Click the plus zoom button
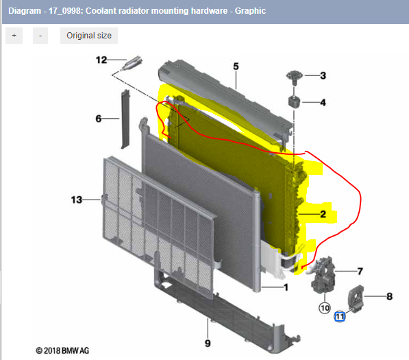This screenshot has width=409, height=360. coord(14,36)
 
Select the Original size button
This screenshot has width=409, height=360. coord(89,36)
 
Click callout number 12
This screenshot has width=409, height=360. coord(101,60)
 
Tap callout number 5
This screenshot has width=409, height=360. coord(236,67)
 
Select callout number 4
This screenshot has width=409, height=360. coord(323,103)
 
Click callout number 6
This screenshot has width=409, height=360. coord(99,119)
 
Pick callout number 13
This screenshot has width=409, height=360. coord(77,200)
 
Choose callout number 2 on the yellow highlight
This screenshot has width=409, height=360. coord(323,214)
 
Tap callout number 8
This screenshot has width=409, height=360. coord(389,296)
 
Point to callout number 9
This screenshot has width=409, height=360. coord(207,342)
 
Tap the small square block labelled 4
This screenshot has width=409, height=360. coord(295,102)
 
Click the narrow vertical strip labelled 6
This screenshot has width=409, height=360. coord(126,118)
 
